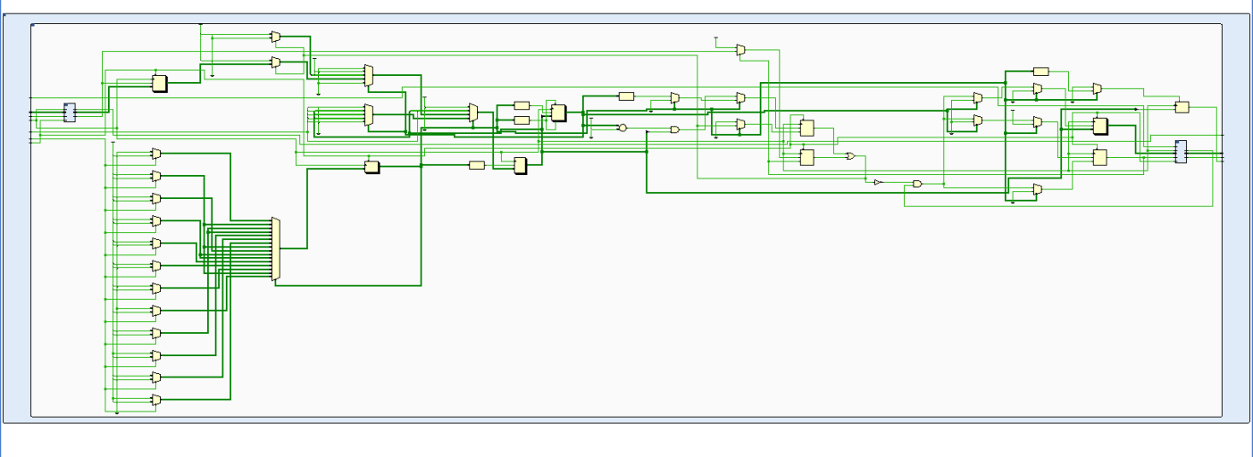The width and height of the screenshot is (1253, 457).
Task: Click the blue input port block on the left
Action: click(70, 112)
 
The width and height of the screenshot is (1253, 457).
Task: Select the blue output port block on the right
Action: click(1181, 152)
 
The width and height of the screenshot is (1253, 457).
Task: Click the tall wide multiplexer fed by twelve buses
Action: click(276, 250)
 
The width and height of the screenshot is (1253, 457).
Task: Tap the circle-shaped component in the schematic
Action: click(622, 128)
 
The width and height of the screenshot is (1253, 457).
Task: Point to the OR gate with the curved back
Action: click(849, 156)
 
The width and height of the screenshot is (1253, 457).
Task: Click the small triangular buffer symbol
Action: click(877, 182)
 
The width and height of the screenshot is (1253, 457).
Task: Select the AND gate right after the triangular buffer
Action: click(917, 184)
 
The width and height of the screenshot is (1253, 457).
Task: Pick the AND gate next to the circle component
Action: click(674, 129)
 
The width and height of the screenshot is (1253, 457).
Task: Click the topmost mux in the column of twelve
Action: click(156, 154)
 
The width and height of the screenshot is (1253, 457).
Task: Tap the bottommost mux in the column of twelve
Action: click(156, 401)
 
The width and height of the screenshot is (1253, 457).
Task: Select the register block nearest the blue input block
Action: click(159, 83)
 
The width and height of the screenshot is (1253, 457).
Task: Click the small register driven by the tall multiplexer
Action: click(372, 167)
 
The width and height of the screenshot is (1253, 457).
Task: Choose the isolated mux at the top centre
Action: click(740, 51)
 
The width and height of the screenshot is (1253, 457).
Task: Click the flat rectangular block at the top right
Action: click(1040, 71)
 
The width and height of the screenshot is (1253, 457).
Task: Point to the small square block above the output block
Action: click(1182, 107)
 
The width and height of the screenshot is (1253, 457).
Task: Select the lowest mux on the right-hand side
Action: click(1037, 189)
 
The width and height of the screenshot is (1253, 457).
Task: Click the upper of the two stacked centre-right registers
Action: click(806, 128)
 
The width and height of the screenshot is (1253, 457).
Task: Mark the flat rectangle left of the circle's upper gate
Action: click(626, 96)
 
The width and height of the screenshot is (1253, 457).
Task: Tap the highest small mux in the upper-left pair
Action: click(275, 37)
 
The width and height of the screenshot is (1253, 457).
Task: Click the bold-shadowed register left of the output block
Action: click(1100, 126)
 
